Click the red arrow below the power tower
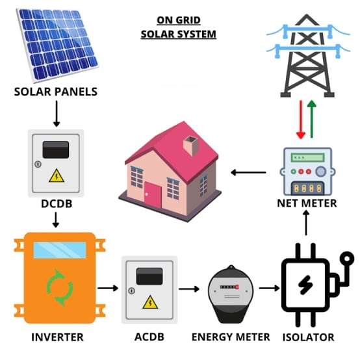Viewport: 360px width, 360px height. click(301, 120)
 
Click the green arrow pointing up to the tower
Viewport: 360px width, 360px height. click(311, 119)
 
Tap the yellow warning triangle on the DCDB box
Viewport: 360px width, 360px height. click(57, 176)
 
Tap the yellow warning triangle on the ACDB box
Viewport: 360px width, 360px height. click(150, 302)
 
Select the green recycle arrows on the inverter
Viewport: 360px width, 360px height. click(60, 288)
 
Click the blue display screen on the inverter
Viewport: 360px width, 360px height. click(60, 250)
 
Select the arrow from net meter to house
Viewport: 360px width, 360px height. click(248, 172)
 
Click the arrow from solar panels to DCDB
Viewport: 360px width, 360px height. click(57, 114)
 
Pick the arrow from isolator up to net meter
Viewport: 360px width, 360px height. click(306, 223)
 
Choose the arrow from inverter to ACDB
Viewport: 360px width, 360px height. click(108, 288)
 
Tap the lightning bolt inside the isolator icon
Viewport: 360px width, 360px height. click(305, 285)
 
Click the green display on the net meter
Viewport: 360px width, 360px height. click(307, 158)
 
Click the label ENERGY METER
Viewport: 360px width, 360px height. click(231, 337)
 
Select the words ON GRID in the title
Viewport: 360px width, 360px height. click(179, 20)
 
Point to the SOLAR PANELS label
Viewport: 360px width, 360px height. click(56, 92)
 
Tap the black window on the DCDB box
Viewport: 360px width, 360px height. click(56, 149)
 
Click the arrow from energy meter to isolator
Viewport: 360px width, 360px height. click(269, 288)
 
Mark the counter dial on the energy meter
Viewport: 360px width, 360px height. click(229, 287)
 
